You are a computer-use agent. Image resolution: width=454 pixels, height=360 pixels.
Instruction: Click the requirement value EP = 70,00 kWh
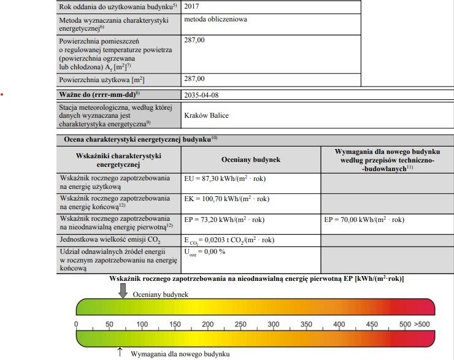coord(363,219)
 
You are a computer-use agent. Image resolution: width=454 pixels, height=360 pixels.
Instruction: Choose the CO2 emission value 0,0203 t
coord(229,240)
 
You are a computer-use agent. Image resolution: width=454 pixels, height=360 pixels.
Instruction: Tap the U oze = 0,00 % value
coord(205,252)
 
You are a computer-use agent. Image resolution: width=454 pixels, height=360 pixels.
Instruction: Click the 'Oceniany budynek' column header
coord(250,159)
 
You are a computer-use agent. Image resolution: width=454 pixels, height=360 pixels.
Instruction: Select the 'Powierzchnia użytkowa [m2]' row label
coord(101,80)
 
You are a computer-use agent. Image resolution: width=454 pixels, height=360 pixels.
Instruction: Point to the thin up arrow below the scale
coord(120,352)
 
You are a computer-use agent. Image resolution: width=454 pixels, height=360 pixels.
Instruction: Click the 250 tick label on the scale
coord(240,324)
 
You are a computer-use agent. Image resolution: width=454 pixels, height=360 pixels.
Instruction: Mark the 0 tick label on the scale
coord(76,324)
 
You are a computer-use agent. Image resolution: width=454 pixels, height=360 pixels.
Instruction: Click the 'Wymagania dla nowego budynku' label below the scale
coord(180,354)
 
